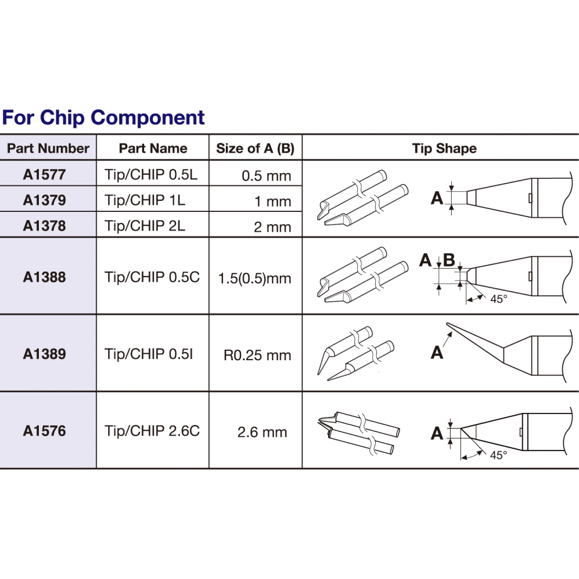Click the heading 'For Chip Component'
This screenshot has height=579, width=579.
103,118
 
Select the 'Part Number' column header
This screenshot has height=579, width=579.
48,148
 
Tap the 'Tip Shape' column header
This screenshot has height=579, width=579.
444,148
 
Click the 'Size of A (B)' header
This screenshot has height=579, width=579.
255,148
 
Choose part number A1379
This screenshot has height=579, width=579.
45,200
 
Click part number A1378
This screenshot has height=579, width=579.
45,226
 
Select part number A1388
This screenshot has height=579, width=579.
45,277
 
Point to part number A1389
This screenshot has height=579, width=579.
45,354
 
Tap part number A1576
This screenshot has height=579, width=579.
45,431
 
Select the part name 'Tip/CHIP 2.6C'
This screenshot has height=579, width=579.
152,431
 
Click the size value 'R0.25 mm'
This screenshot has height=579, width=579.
257,355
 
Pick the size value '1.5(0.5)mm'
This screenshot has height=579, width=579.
254,278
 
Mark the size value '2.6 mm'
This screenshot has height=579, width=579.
262,432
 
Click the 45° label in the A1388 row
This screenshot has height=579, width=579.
499,299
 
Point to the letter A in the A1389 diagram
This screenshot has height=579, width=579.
437,351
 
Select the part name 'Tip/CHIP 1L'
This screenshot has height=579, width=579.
145,200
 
